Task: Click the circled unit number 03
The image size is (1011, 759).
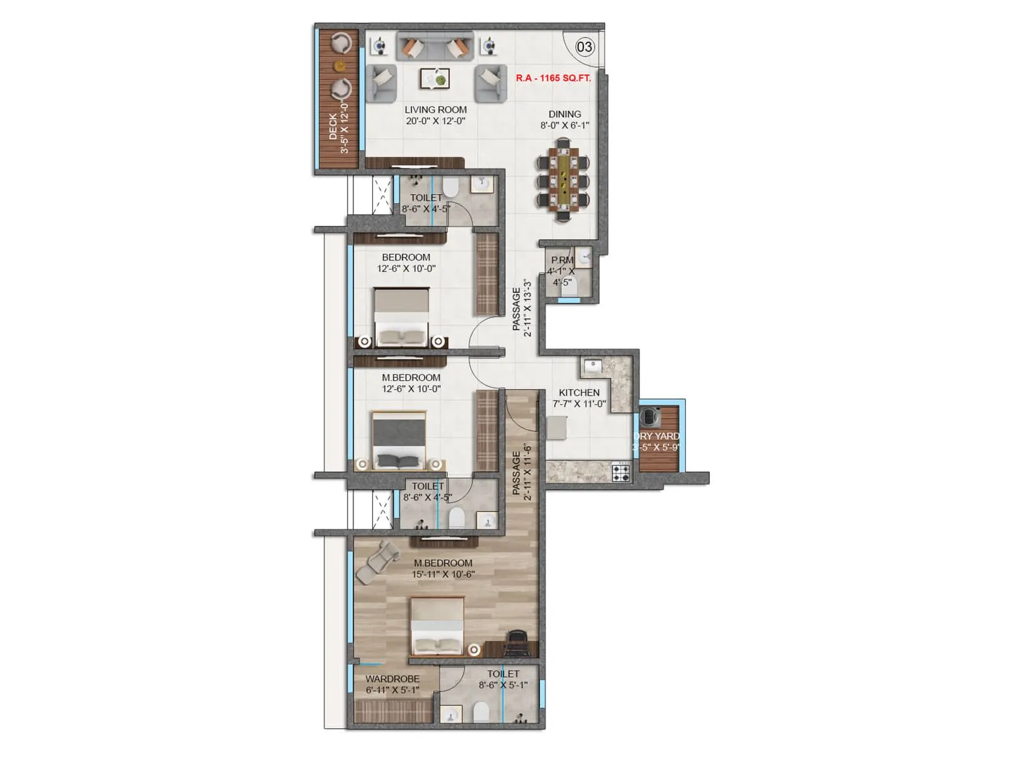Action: point(584,47)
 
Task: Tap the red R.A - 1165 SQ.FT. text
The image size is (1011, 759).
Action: point(553,78)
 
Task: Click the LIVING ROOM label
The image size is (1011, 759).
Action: point(435,109)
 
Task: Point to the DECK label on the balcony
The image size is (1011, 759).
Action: point(333,126)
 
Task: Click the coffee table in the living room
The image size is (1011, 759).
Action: point(435,78)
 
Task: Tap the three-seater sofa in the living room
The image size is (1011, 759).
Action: point(434,47)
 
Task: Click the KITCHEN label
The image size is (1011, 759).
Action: point(579,393)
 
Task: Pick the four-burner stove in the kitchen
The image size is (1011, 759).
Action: point(621,472)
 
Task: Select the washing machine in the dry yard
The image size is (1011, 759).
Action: point(650,417)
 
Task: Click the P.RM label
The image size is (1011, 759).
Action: point(562,260)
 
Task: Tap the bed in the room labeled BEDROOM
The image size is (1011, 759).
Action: point(401,316)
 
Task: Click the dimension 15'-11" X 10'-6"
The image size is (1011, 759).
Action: point(443,574)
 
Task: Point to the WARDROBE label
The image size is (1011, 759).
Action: point(392,679)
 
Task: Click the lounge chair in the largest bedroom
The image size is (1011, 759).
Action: point(377,560)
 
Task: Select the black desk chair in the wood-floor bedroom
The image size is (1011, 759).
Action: point(517,643)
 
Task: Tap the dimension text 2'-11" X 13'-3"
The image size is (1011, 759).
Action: point(528,308)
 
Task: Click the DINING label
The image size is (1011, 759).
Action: point(564,114)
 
